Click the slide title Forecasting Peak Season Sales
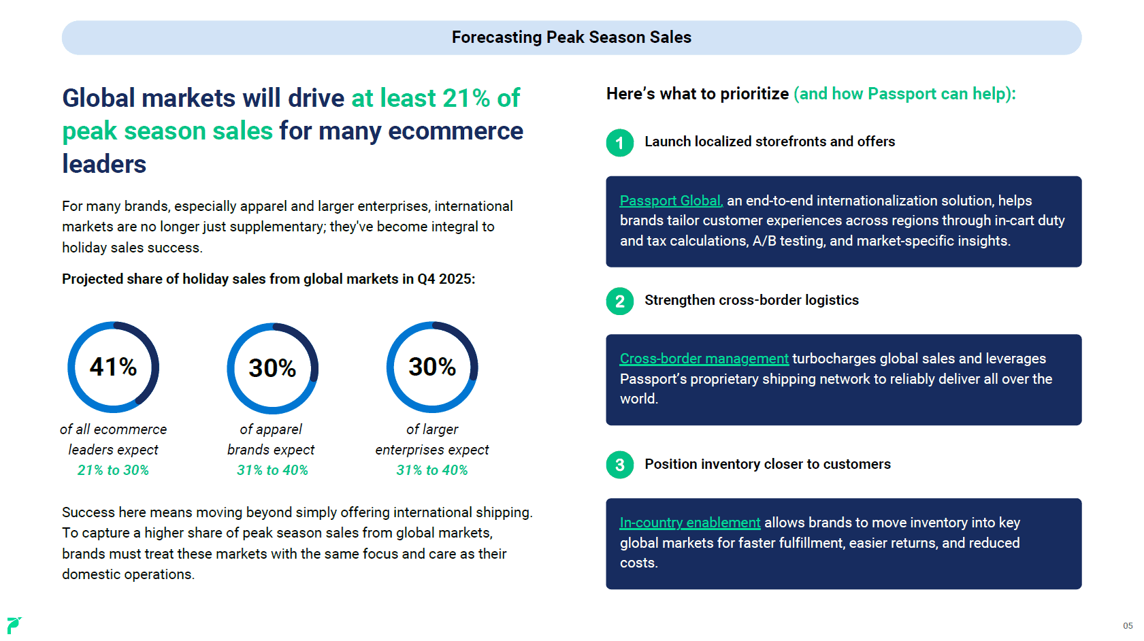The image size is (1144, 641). point(572,37)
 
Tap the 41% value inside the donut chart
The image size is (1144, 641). point(114,367)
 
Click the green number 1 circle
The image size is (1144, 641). point(620,142)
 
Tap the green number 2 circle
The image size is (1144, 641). point(620,301)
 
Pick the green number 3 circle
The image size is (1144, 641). point(620,465)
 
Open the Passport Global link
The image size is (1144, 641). point(671,201)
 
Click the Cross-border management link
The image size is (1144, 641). point(704,359)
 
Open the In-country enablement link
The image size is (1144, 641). point(690,523)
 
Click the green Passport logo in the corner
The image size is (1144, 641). point(14,625)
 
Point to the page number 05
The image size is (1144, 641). point(1128,625)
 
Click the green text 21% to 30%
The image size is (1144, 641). point(113,470)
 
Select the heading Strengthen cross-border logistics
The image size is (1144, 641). point(752,300)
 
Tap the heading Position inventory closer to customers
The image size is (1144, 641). point(768,464)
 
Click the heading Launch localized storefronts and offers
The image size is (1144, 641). point(770,142)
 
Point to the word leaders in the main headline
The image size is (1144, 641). point(104,164)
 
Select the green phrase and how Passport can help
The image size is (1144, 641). point(903,94)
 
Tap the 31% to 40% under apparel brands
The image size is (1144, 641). point(272,470)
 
